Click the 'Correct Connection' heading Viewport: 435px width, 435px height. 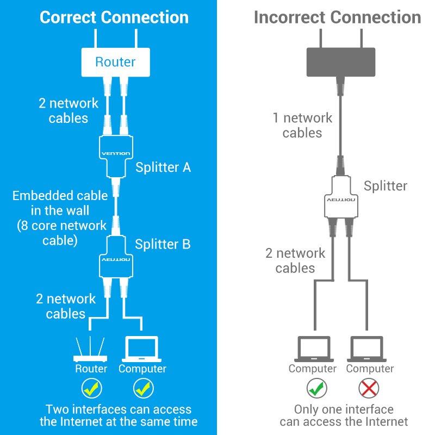coord(114,17)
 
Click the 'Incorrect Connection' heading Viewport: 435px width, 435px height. coord(337,17)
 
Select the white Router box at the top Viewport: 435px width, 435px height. coord(115,61)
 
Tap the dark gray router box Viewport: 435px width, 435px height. coord(341,62)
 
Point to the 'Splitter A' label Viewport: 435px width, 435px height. coord(163,167)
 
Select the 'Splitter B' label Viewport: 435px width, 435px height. coord(163,244)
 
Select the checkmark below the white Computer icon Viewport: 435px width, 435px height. coord(142,388)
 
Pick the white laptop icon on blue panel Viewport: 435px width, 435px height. coord(142,350)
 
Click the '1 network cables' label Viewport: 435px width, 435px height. coord(302,125)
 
